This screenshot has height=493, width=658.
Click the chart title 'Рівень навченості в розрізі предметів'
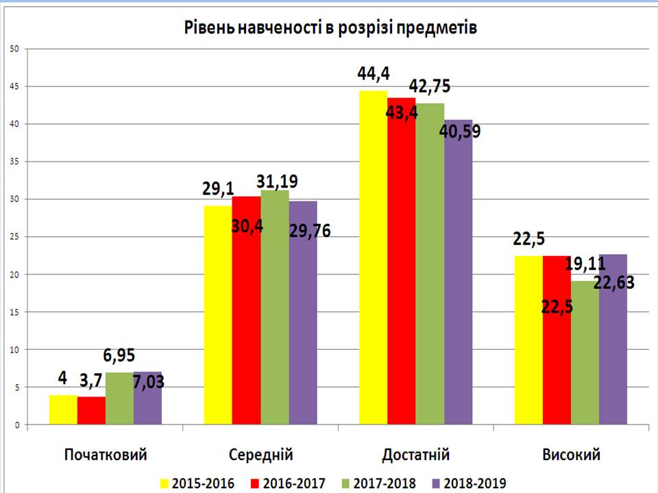click(329, 28)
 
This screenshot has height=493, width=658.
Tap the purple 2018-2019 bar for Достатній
click(458, 288)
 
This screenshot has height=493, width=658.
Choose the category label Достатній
click(416, 454)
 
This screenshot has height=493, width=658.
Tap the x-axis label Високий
click(571, 454)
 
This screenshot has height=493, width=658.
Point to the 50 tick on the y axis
click(14, 49)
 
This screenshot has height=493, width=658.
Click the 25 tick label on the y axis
click(14, 237)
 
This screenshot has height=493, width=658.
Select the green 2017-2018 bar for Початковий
click(119, 399)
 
